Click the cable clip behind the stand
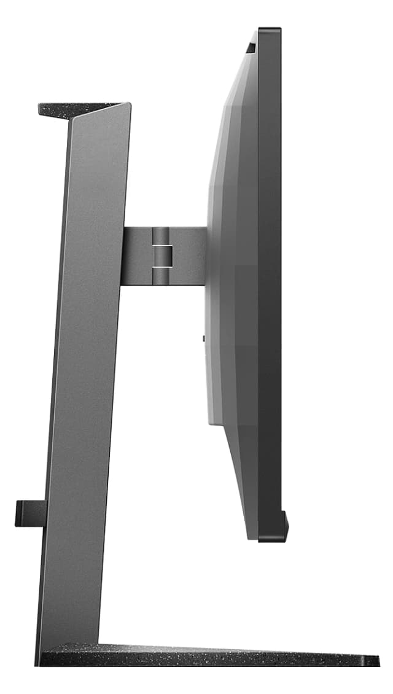(x=30, y=513)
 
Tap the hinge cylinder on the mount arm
(x=160, y=256)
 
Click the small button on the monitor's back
(x=203, y=337)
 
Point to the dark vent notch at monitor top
(x=251, y=46)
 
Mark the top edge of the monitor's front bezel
(x=270, y=29)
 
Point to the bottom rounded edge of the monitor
(x=270, y=539)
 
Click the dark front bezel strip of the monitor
(x=270, y=276)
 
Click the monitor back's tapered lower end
(x=243, y=491)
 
